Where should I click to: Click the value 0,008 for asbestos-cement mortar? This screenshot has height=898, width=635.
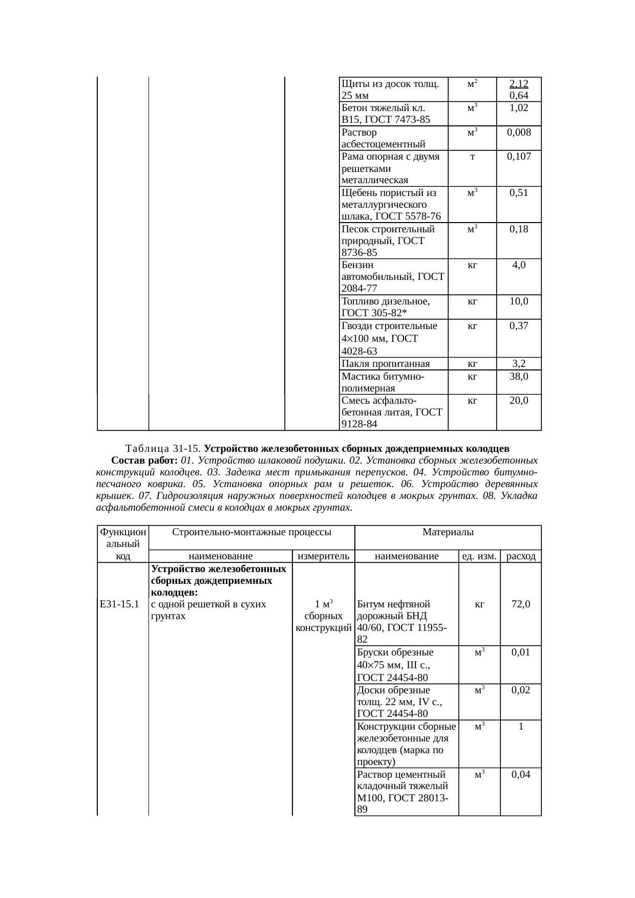tap(519, 132)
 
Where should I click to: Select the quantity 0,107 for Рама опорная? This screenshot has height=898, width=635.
tap(519, 157)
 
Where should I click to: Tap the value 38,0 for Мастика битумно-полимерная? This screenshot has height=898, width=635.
tap(519, 376)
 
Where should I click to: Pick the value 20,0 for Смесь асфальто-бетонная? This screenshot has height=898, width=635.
tap(519, 400)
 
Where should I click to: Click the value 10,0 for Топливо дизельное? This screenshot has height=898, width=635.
tap(519, 301)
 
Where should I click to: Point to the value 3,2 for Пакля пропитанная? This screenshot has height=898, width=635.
tap(519, 364)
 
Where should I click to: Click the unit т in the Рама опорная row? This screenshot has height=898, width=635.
tap(472, 157)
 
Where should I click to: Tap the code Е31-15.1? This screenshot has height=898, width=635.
tap(120, 604)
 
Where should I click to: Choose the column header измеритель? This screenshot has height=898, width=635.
tap(323, 556)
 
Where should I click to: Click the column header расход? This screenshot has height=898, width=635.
tap(521, 556)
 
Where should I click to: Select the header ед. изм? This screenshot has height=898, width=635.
tap(479, 556)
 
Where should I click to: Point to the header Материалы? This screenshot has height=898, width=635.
tap(448, 532)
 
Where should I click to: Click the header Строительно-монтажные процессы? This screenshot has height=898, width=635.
tap(251, 532)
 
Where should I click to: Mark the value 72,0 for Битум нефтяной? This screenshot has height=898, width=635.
tap(520, 604)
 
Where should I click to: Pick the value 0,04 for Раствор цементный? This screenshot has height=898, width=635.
tap(520, 775)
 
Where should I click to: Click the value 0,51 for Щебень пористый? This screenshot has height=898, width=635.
tap(519, 193)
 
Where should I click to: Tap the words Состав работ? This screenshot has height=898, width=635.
tap(145, 461)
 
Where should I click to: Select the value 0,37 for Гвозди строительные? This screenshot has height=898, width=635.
tap(519, 326)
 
